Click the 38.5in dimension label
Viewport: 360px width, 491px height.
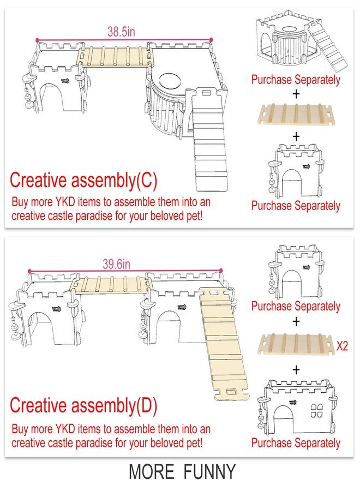(121, 32)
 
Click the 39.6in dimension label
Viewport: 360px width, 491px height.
(116, 264)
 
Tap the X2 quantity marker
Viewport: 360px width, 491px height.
(342, 346)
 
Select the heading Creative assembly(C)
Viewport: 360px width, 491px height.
(83, 181)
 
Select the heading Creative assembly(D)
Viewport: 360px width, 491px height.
(83, 405)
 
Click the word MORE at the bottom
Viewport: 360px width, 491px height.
(152, 471)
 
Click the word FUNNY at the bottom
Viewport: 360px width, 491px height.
(209, 471)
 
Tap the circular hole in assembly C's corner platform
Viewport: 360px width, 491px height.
(170, 81)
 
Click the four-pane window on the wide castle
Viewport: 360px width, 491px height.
(316, 410)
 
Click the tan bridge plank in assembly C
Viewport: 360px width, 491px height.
(115, 56)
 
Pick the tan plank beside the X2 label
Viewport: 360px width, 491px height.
(296, 344)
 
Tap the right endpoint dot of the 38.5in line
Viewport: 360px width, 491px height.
(211, 40)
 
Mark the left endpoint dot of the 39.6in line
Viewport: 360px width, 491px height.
(29, 271)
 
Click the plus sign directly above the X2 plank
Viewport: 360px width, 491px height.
(296, 321)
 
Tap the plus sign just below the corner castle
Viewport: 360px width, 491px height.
(296, 94)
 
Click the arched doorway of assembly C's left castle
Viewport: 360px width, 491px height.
(56, 97)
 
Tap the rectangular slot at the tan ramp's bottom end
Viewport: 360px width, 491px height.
(232, 392)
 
